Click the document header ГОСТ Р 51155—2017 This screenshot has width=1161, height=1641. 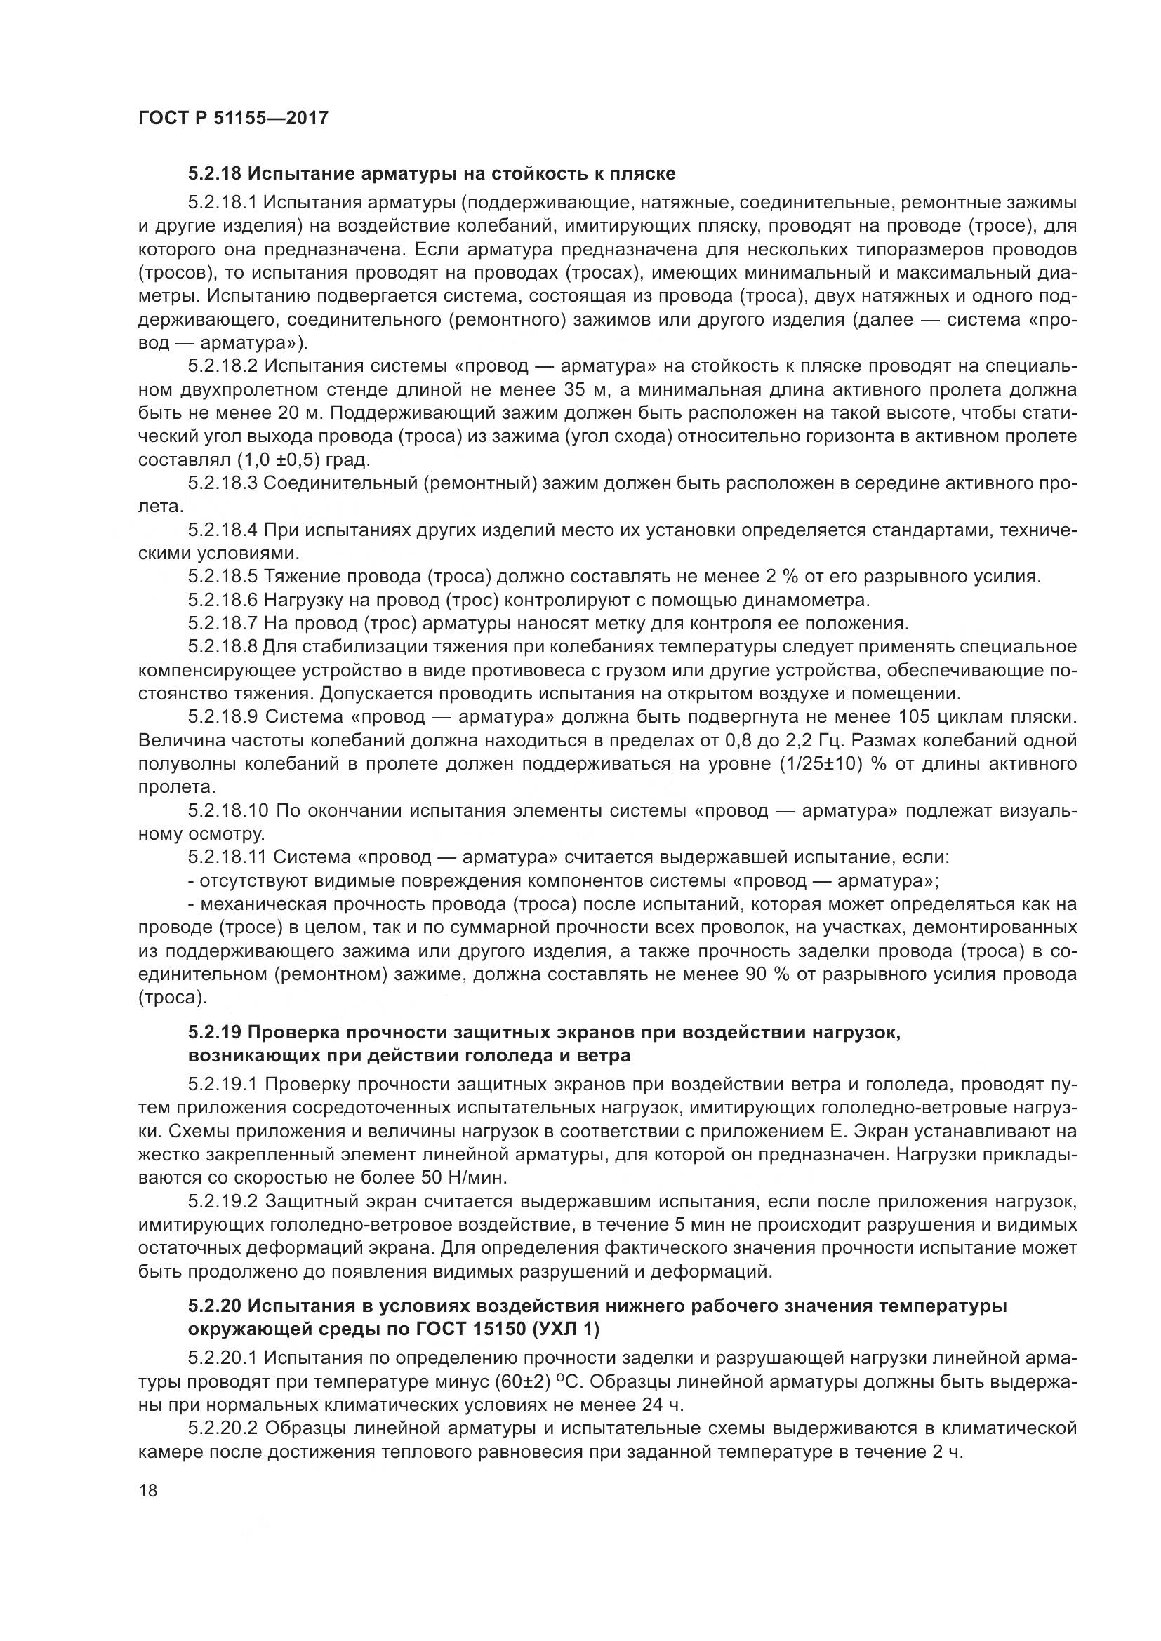pos(233,118)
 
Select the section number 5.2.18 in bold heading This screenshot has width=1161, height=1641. pos(215,174)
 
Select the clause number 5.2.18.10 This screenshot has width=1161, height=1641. pos(228,810)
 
